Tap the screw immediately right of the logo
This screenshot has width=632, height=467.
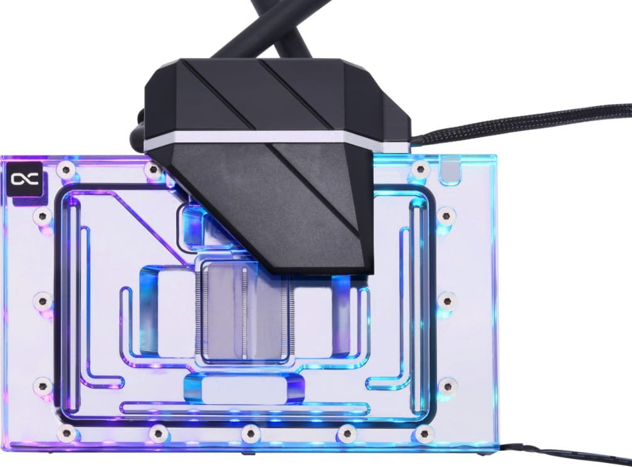tap(65, 169)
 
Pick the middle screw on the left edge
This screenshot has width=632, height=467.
tap(43, 301)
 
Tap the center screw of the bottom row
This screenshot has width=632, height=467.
tap(250, 432)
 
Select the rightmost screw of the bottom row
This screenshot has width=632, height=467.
tap(425, 432)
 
